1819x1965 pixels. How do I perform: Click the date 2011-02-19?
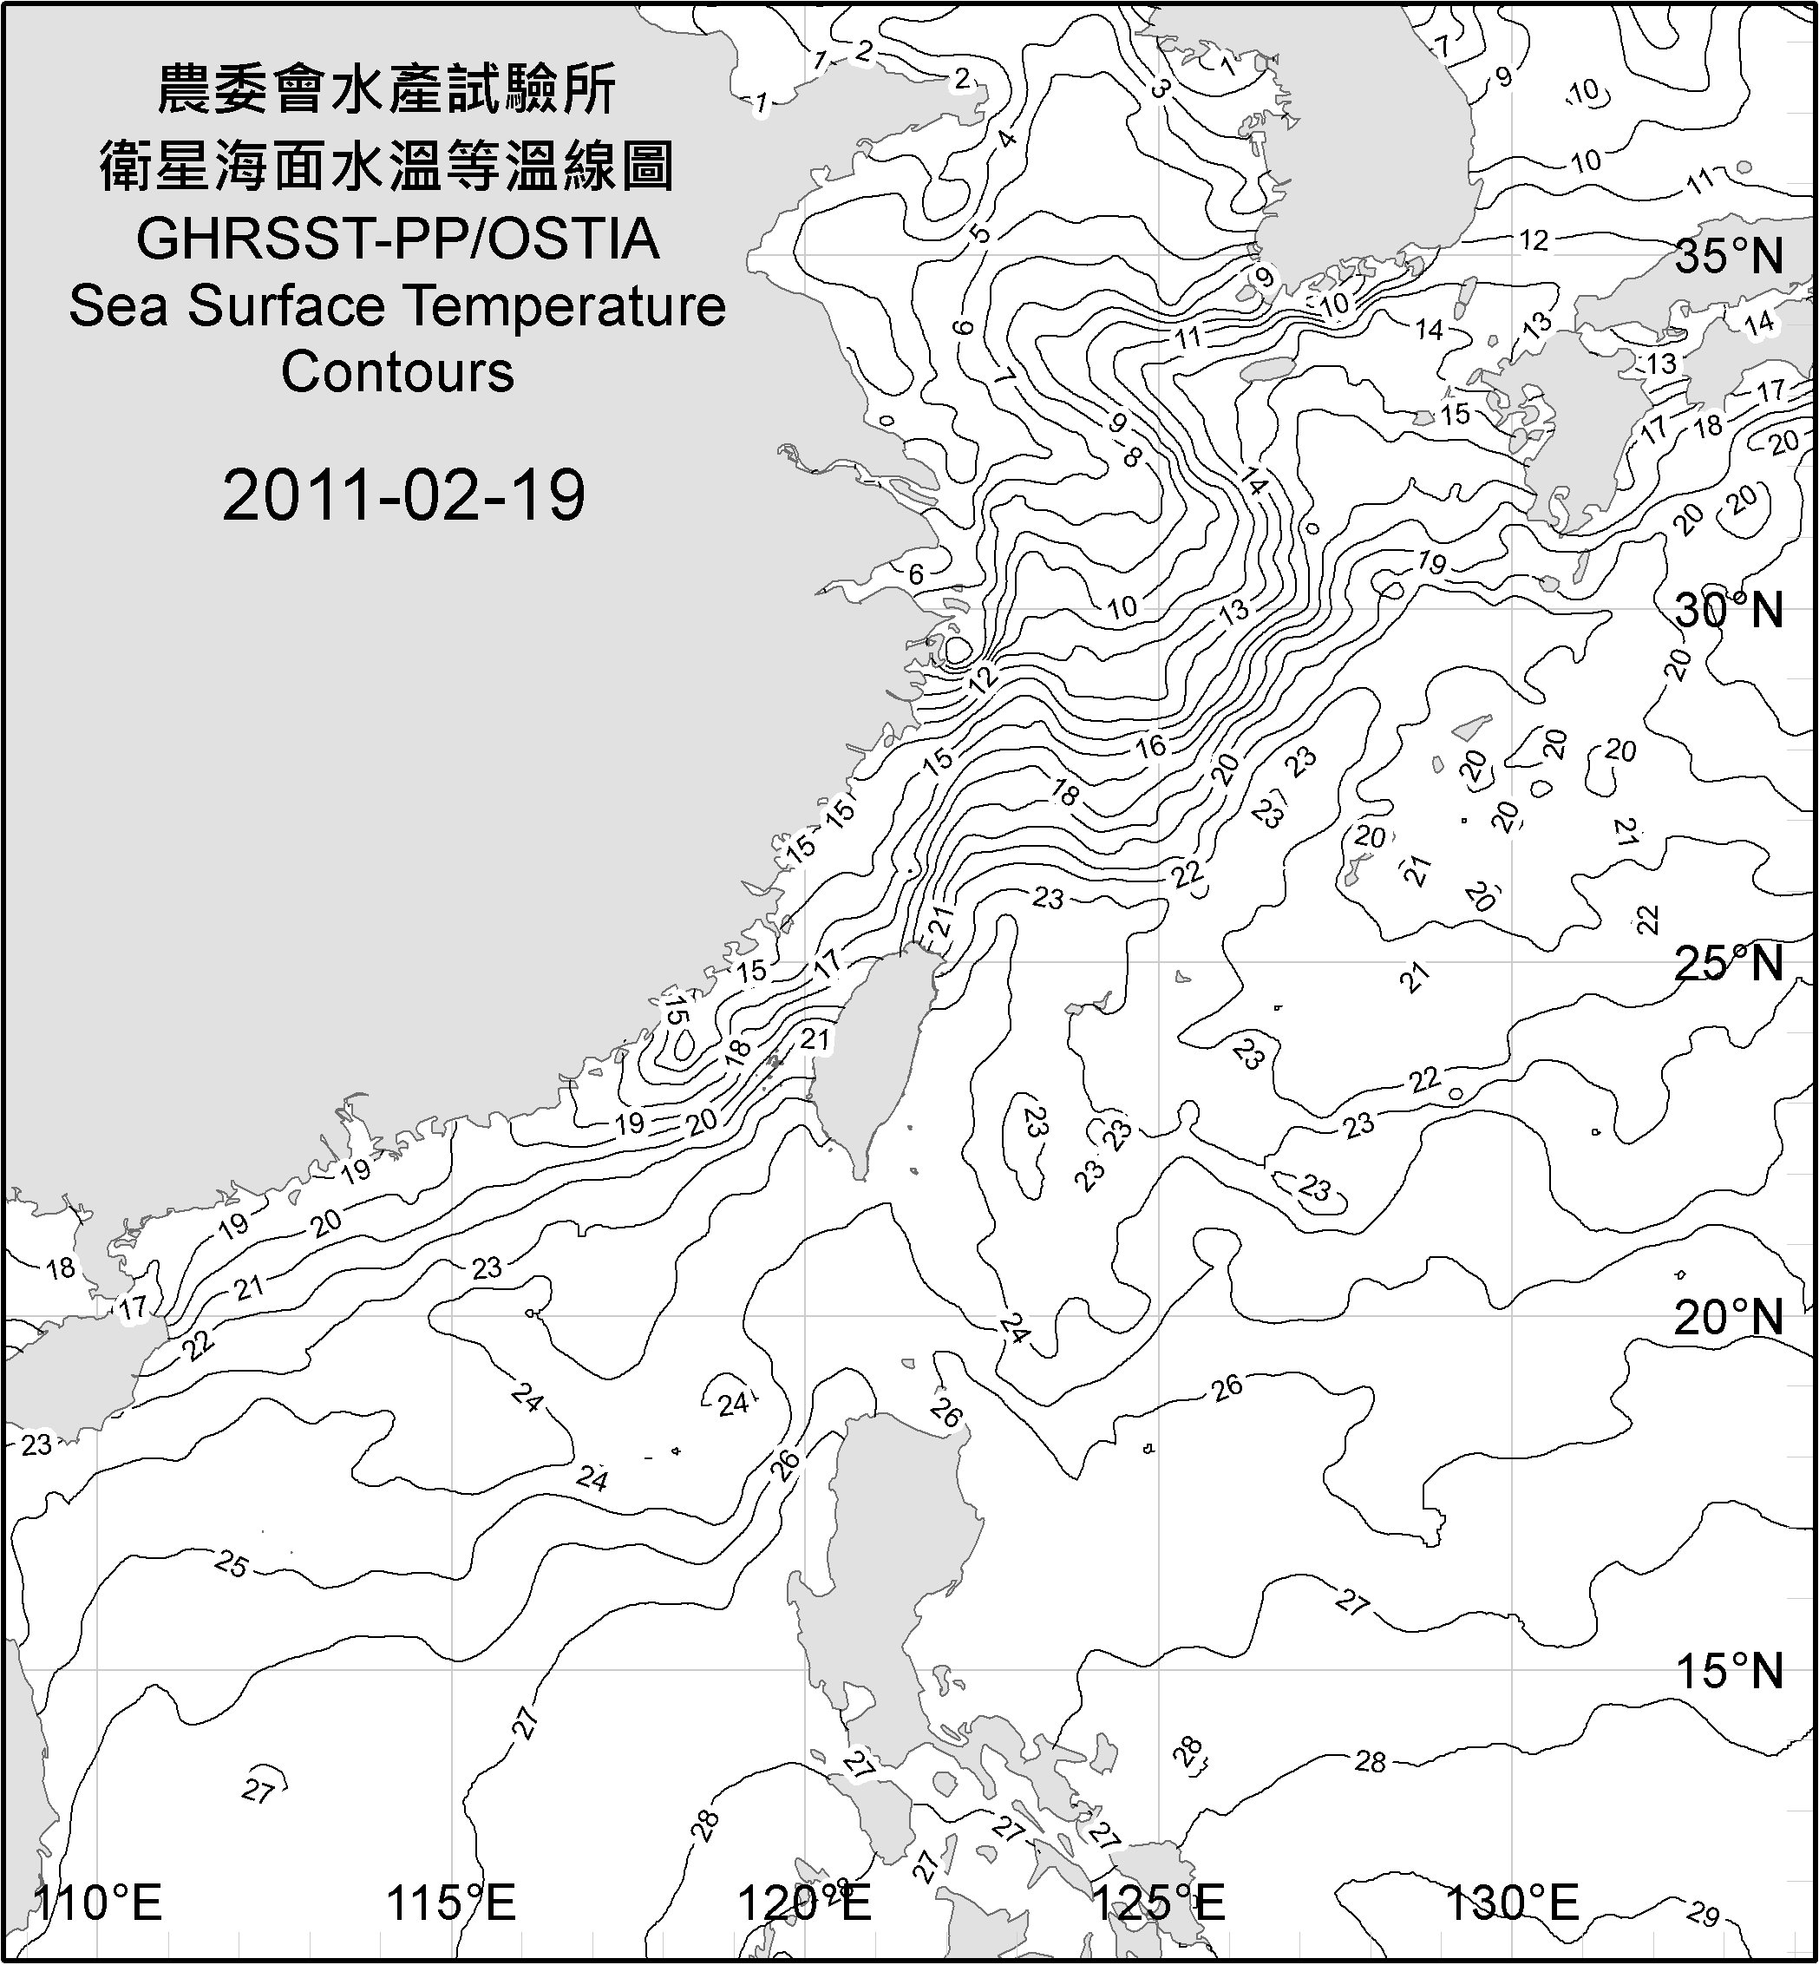coord(403,495)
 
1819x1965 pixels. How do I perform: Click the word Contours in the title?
coord(397,372)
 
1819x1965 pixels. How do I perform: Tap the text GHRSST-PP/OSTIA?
coord(397,239)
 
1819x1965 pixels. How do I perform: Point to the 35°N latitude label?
coord(1730,257)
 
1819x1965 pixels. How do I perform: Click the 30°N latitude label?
coord(1730,612)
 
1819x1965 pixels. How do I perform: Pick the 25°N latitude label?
coord(1730,963)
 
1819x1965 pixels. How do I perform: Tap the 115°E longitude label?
coord(452,1902)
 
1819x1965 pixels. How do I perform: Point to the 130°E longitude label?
coord(1513,1902)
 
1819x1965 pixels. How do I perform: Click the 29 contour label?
coord(1702,1915)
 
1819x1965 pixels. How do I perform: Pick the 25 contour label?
coord(232,1563)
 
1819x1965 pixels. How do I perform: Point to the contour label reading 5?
coord(979,233)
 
